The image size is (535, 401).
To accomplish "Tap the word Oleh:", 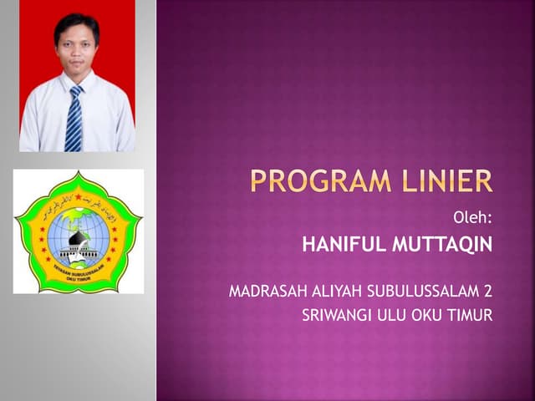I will click(473, 219).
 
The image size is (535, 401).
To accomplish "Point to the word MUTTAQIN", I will click(442, 246).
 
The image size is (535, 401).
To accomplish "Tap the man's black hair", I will click(75, 22).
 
